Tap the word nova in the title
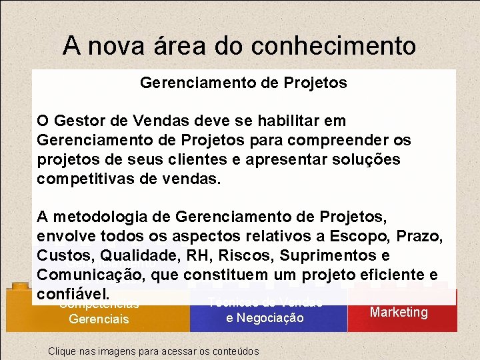[x=112, y=45]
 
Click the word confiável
[x=72, y=294]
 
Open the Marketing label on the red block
[x=399, y=312]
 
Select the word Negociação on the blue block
[x=265, y=319]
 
